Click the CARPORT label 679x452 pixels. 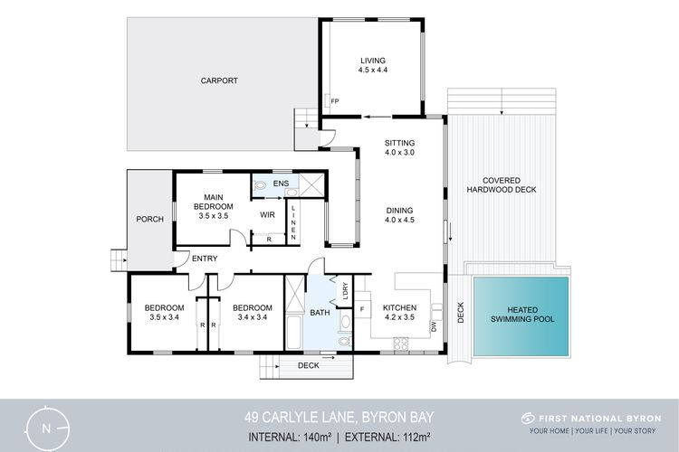point(219,80)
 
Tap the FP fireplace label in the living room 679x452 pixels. point(335,101)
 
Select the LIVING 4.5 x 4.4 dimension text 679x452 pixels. point(373,71)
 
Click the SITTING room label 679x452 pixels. point(399,143)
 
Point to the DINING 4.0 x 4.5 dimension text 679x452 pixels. point(399,220)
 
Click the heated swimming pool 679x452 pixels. point(521,316)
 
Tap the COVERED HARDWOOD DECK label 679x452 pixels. point(502,185)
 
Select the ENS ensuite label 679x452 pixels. point(281,184)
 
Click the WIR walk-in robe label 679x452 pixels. point(267,214)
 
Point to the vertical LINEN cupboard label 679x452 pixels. point(293,222)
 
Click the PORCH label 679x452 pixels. point(149,220)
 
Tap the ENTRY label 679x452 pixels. point(205,259)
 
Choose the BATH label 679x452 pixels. point(320,312)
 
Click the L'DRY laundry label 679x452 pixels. point(345,291)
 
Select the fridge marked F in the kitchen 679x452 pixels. point(362,309)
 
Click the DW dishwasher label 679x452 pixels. point(434,327)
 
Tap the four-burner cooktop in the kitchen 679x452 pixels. point(401,344)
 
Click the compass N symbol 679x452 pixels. point(46,428)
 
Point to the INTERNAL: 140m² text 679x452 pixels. point(290,438)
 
